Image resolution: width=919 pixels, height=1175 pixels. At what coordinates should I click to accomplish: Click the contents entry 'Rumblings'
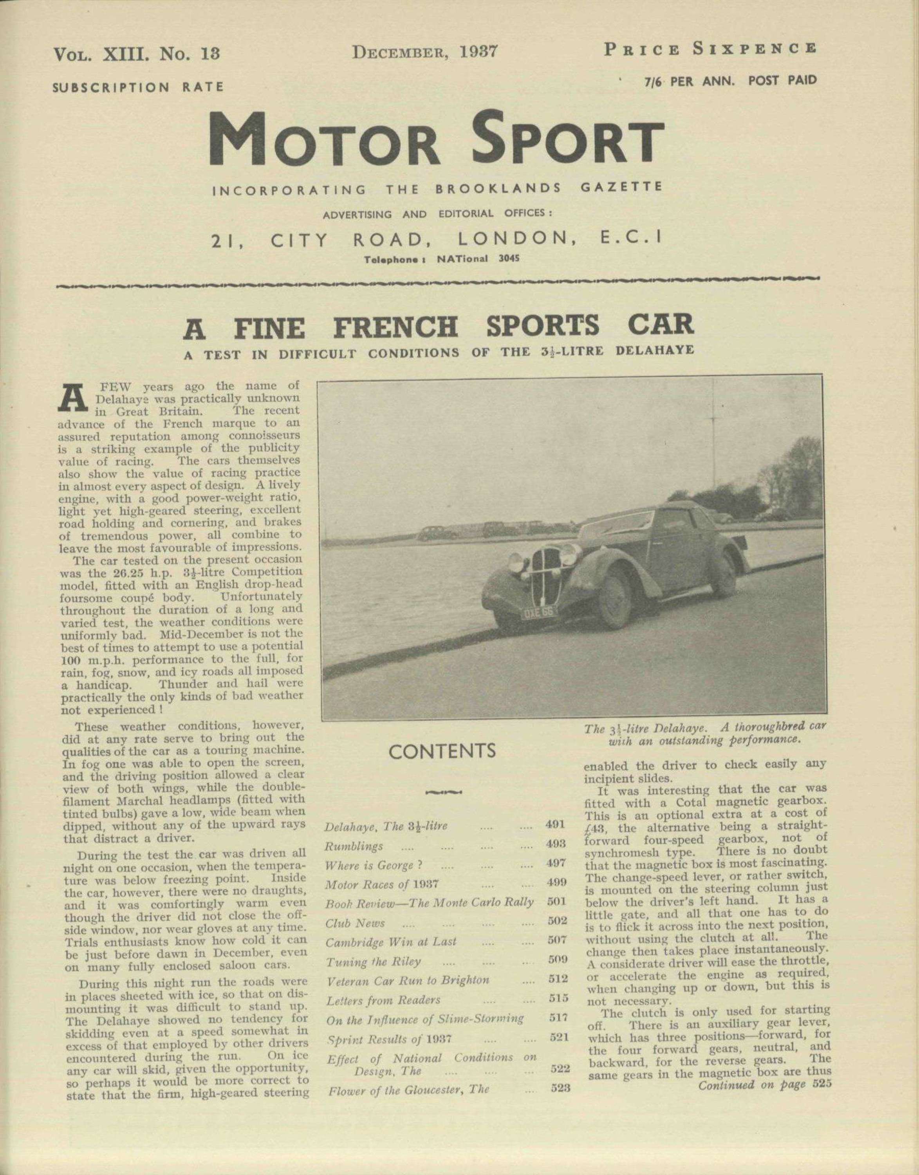(x=354, y=846)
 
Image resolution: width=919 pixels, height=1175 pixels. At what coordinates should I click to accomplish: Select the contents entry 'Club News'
(x=355, y=923)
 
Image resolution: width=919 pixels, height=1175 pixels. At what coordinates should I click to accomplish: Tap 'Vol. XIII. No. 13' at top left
(x=137, y=54)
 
